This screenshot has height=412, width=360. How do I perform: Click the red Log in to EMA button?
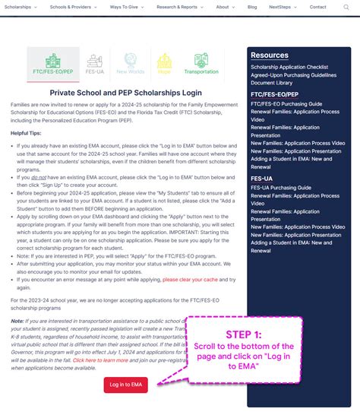click(126, 385)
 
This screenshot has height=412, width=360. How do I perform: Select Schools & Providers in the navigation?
click(70, 7)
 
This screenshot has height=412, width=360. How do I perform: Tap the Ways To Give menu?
click(125, 7)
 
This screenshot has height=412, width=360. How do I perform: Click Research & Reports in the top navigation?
click(178, 7)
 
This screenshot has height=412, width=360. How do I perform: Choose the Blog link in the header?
click(252, 7)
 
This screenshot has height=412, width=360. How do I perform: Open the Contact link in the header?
click(318, 7)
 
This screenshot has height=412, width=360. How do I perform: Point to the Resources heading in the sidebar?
click(270, 55)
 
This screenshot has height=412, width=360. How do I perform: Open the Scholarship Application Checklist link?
click(289, 67)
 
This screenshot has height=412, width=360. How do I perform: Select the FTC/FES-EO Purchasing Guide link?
click(286, 103)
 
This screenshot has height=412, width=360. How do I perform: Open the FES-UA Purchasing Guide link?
click(281, 187)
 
